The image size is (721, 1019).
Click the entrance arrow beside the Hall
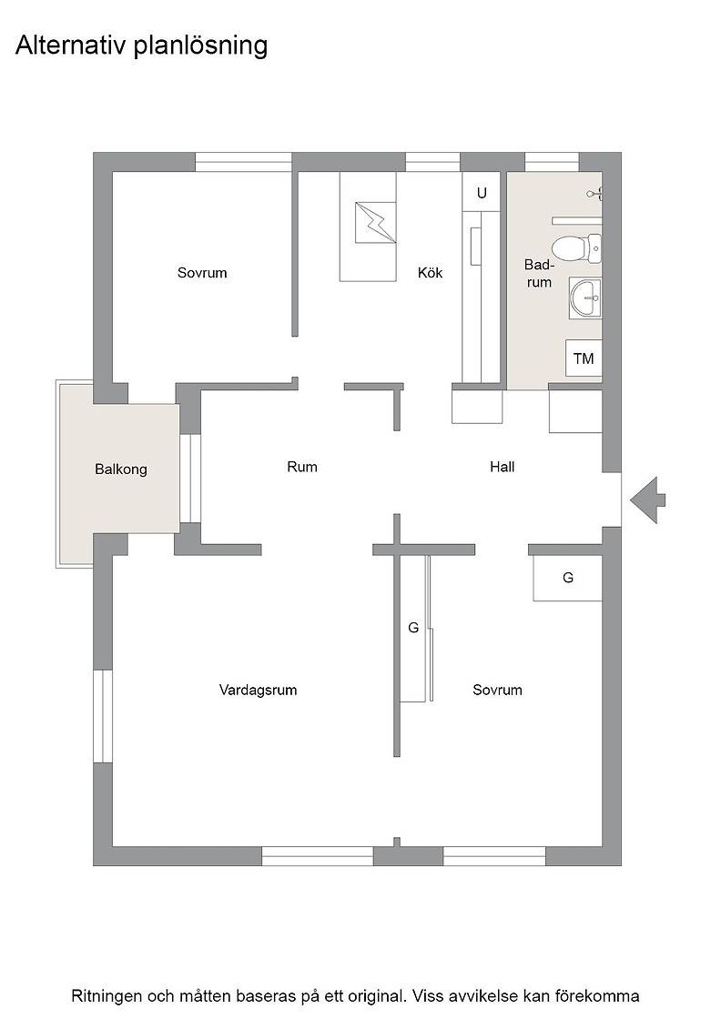(x=647, y=500)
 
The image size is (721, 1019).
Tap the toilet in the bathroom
(x=576, y=247)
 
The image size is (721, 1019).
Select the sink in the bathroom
(x=585, y=298)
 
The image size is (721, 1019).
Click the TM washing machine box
(x=584, y=358)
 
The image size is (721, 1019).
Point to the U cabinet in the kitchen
(x=481, y=192)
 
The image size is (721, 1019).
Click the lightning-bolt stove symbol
(x=375, y=223)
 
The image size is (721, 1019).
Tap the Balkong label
(x=121, y=469)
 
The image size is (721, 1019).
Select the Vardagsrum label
(x=259, y=691)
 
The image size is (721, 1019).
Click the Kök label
(x=430, y=273)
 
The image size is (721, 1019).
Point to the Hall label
(x=502, y=467)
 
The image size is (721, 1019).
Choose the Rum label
(x=302, y=467)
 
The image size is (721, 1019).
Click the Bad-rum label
(x=539, y=274)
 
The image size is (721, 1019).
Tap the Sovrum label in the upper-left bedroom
(x=202, y=273)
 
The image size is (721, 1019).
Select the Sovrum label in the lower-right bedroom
(x=497, y=691)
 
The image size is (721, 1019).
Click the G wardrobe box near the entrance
(x=567, y=578)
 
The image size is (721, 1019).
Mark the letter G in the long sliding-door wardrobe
(x=412, y=628)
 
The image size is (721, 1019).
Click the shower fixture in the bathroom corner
(x=595, y=193)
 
